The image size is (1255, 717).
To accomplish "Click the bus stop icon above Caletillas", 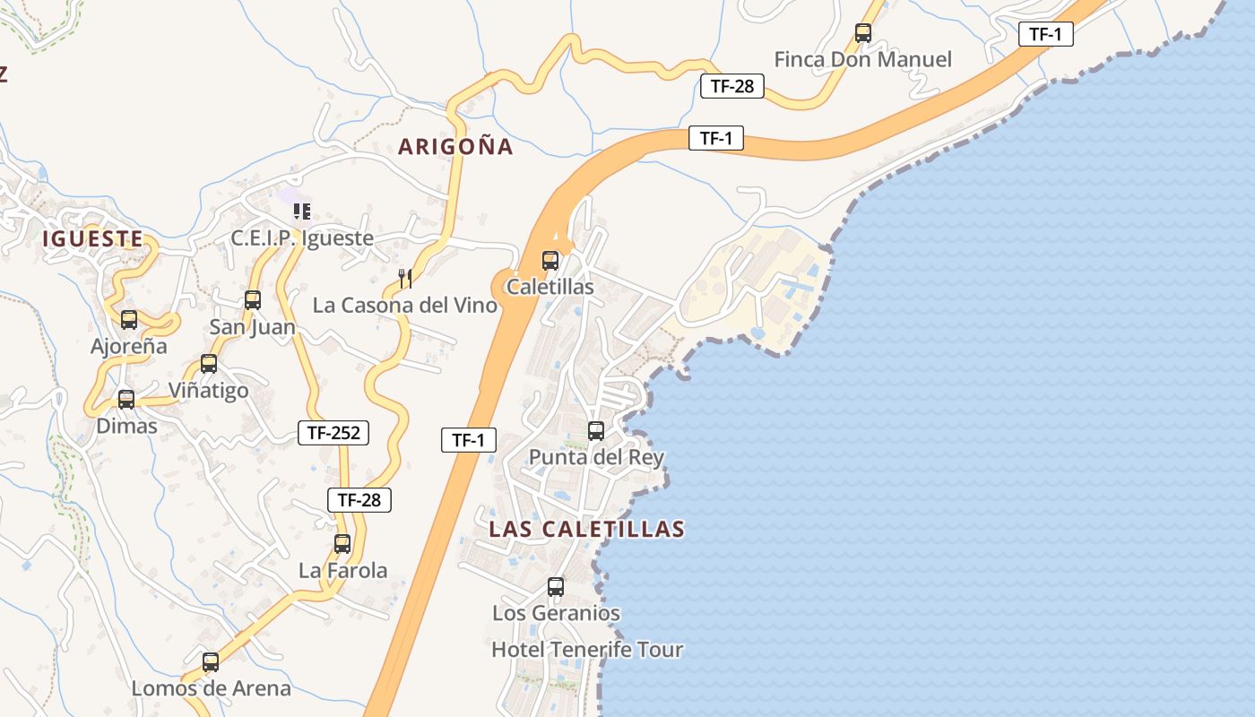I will tap(550, 261).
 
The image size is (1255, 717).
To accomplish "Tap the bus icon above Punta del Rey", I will tap(596, 431).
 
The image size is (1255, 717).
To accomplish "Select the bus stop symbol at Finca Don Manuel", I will tap(863, 33).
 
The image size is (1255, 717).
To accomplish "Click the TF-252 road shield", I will tap(333, 434).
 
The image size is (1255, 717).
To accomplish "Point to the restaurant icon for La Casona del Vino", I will tap(405, 279).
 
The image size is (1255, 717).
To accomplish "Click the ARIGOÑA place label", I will tap(456, 147).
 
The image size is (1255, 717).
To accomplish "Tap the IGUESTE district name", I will tap(92, 238).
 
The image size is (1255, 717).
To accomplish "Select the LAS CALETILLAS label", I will tap(586, 529).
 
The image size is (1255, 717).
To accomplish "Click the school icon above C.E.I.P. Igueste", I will tap(302, 212).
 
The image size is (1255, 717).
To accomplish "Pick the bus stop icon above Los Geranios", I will tap(556, 587).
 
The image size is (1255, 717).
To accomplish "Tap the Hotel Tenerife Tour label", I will tap(587, 649).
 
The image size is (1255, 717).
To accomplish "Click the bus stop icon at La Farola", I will tap(342, 543).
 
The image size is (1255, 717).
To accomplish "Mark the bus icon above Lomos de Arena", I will tap(211, 662).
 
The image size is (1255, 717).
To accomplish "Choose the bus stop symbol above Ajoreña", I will tap(129, 320).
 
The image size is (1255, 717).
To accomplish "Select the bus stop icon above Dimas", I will tap(126, 400).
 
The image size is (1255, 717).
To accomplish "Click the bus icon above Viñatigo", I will tap(209, 364).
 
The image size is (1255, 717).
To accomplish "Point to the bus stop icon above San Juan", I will tap(253, 300).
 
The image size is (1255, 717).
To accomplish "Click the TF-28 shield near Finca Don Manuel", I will tap(731, 86).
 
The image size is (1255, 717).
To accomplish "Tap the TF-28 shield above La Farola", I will tap(359, 500).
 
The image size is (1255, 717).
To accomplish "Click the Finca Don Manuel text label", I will tap(862, 60).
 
